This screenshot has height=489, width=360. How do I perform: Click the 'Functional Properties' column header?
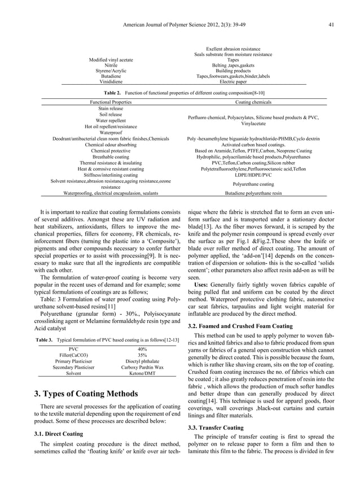pyautogui.click(x=111, y=102)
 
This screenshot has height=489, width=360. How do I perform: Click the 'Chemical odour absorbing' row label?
pyautogui.click(x=111, y=145)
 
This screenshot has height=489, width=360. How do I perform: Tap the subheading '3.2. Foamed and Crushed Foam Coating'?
pyautogui.click(x=240, y=326)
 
